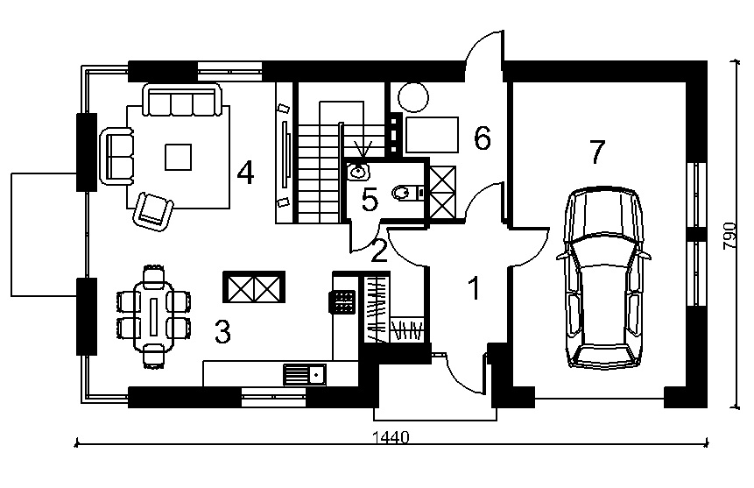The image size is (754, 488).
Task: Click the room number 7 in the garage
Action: [x=596, y=152]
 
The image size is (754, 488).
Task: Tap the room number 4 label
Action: [x=245, y=173]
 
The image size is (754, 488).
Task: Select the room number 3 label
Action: [x=222, y=331]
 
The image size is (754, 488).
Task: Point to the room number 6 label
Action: [x=483, y=138]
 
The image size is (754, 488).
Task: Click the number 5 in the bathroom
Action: [x=370, y=200]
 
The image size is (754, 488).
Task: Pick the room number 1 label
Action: [x=474, y=288]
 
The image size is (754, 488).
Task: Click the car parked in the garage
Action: [x=604, y=279]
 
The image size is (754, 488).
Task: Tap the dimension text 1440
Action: [x=391, y=437]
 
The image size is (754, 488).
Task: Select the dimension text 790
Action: [x=730, y=236]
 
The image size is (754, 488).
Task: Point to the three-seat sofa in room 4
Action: [x=183, y=100]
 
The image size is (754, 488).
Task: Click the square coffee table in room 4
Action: [x=179, y=157]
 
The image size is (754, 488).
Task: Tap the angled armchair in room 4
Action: [x=153, y=212]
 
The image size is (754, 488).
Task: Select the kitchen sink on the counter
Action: [x=305, y=374]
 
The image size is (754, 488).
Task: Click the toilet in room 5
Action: [x=403, y=193]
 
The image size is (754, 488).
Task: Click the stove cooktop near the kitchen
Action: [x=342, y=302]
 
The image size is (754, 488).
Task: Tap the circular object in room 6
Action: [x=413, y=97]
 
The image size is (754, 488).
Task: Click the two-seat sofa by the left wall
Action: [x=116, y=157]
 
